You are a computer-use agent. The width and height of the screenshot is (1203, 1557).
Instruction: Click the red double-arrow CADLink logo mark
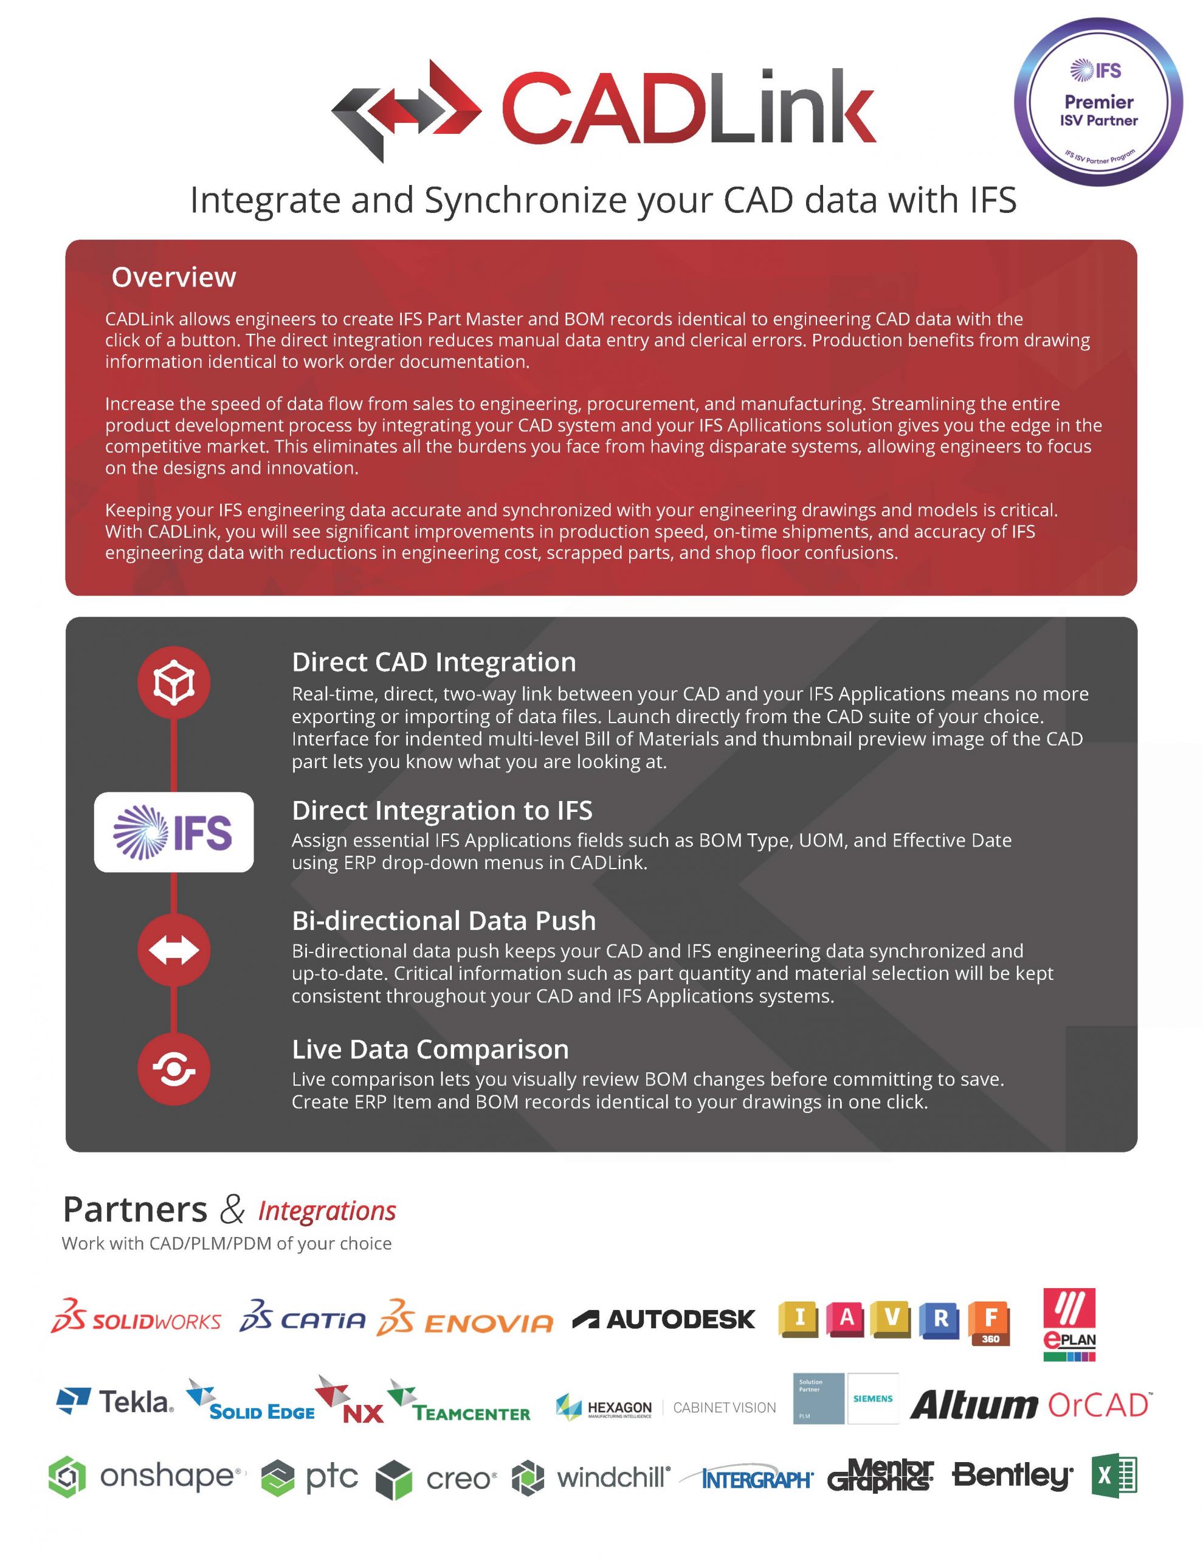coord(406,109)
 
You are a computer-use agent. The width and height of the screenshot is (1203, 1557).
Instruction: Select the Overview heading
coord(173,277)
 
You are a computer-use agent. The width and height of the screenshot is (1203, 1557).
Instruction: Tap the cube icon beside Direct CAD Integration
coord(174,682)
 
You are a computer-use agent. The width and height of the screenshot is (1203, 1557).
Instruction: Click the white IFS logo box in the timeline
coord(174,832)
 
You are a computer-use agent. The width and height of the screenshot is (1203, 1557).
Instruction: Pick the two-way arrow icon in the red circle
coord(174,950)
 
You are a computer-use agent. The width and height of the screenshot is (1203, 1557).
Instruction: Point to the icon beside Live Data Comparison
coord(174,1069)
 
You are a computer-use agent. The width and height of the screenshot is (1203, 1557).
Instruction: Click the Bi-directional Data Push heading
coord(443,920)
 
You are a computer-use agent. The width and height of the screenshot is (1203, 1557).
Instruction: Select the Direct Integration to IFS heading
coord(442,811)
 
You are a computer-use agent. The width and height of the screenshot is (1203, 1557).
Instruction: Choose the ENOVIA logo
coord(464,1322)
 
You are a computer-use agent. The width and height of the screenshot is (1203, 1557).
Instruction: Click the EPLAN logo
coord(1069,1323)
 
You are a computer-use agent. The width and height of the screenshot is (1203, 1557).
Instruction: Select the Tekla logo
coord(115,1401)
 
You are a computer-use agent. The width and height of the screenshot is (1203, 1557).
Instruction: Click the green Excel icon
coord(1114,1475)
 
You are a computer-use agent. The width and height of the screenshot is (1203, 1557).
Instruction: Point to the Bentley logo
coord(1012,1475)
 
